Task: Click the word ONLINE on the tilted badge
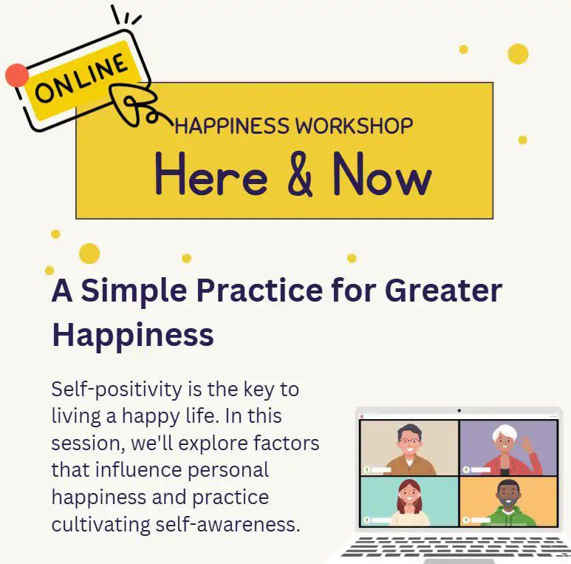click(81, 78)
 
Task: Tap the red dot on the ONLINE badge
click(17, 75)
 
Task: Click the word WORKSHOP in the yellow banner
click(354, 126)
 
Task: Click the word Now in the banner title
click(383, 174)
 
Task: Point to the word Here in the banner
click(211, 174)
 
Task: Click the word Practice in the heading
click(259, 291)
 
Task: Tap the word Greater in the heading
click(443, 291)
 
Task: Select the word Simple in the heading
click(134, 291)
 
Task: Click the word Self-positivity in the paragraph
click(117, 390)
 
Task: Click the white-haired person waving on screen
click(510, 450)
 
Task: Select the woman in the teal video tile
click(409, 503)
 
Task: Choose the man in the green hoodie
click(509, 503)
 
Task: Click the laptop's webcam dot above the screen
click(459, 410)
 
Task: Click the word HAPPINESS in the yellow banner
click(232, 126)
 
